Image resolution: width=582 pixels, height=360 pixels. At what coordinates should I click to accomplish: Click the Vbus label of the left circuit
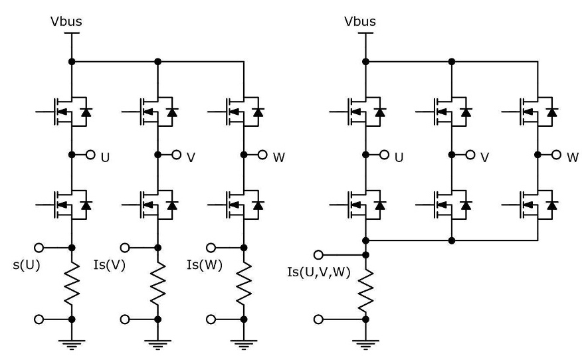(x=66, y=22)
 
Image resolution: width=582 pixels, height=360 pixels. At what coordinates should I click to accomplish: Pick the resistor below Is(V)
(x=157, y=283)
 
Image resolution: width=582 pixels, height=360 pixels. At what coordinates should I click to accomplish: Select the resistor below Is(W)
(x=244, y=283)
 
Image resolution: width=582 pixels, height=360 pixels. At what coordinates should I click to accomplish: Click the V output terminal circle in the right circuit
(x=470, y=155)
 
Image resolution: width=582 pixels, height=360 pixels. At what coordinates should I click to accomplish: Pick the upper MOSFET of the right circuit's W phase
(x=535, y=110)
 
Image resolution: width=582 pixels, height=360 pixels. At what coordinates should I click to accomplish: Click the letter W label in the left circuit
(x=278, y=159)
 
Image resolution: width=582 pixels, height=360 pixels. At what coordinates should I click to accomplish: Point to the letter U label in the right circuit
(x=399, y=159)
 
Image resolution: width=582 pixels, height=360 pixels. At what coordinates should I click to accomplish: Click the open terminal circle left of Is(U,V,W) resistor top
(x=319, y=254)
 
